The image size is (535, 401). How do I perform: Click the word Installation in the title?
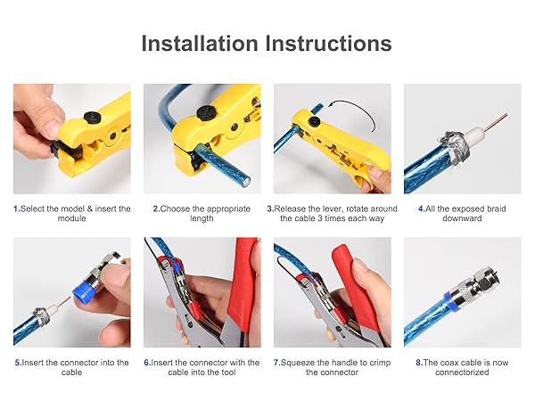point(199,43)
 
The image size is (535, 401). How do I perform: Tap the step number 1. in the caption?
point(17,209)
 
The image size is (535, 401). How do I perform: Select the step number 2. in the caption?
point(157,209)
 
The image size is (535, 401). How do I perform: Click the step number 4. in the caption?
point(422,209)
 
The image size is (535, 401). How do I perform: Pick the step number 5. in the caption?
point(18,363)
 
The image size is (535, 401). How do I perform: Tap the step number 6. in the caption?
point(147,363)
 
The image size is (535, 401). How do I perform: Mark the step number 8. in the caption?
point(420,363)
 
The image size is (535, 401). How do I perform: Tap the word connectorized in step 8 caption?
point(462,372)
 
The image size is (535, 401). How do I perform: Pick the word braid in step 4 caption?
point(492,209)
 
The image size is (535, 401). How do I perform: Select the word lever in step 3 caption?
point(334,209)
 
